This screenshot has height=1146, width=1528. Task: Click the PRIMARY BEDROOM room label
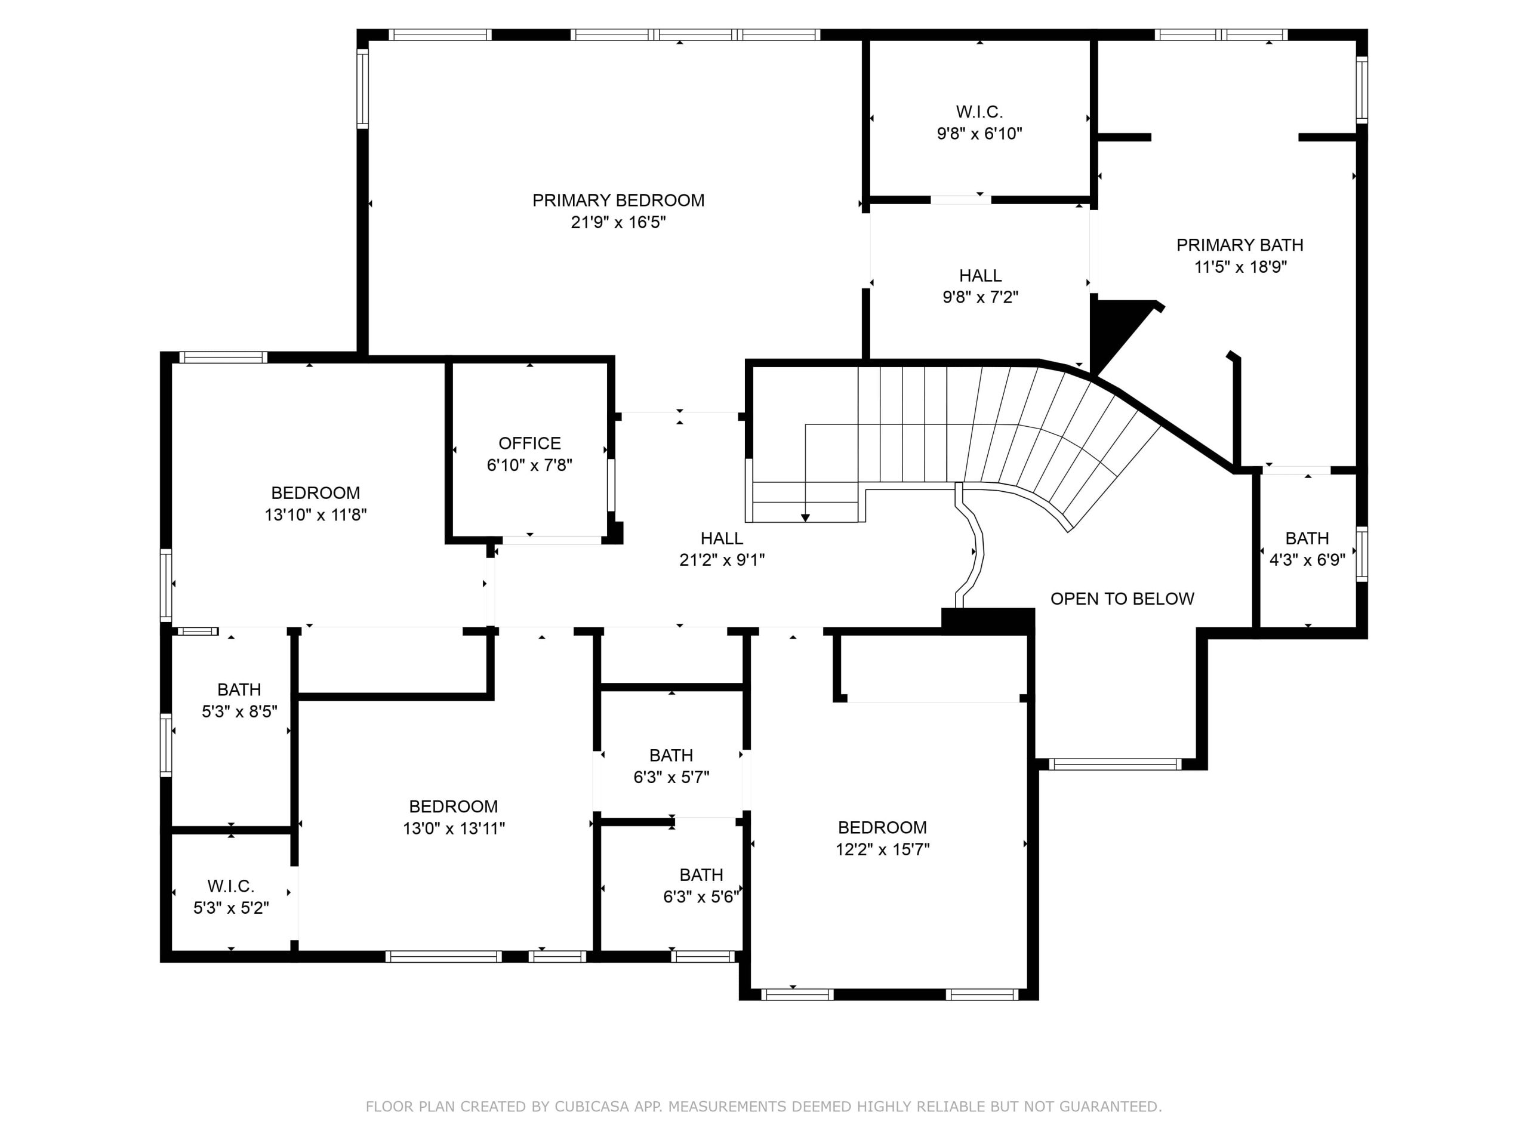point(618,201)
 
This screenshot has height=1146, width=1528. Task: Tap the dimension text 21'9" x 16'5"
point(618,223)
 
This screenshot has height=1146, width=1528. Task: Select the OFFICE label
point(530,443)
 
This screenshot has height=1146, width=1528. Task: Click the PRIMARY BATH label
point(1240,245)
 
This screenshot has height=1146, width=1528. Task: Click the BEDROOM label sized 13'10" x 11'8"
point(316,493)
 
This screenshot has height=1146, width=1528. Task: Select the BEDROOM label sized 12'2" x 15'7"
point(883,827)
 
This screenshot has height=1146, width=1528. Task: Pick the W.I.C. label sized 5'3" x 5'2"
point(231,886)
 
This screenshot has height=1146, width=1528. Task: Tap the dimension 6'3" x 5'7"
point(671,777)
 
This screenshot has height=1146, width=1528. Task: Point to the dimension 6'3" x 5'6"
point(701,897)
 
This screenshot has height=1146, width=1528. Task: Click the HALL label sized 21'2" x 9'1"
point(722,538)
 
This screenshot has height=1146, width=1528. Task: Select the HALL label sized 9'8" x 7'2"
point(980,276)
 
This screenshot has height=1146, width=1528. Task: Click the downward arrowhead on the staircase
point(805,517)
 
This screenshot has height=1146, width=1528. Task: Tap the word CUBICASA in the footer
point(592,1107)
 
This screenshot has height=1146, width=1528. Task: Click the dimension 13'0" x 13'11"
point(454,828)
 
